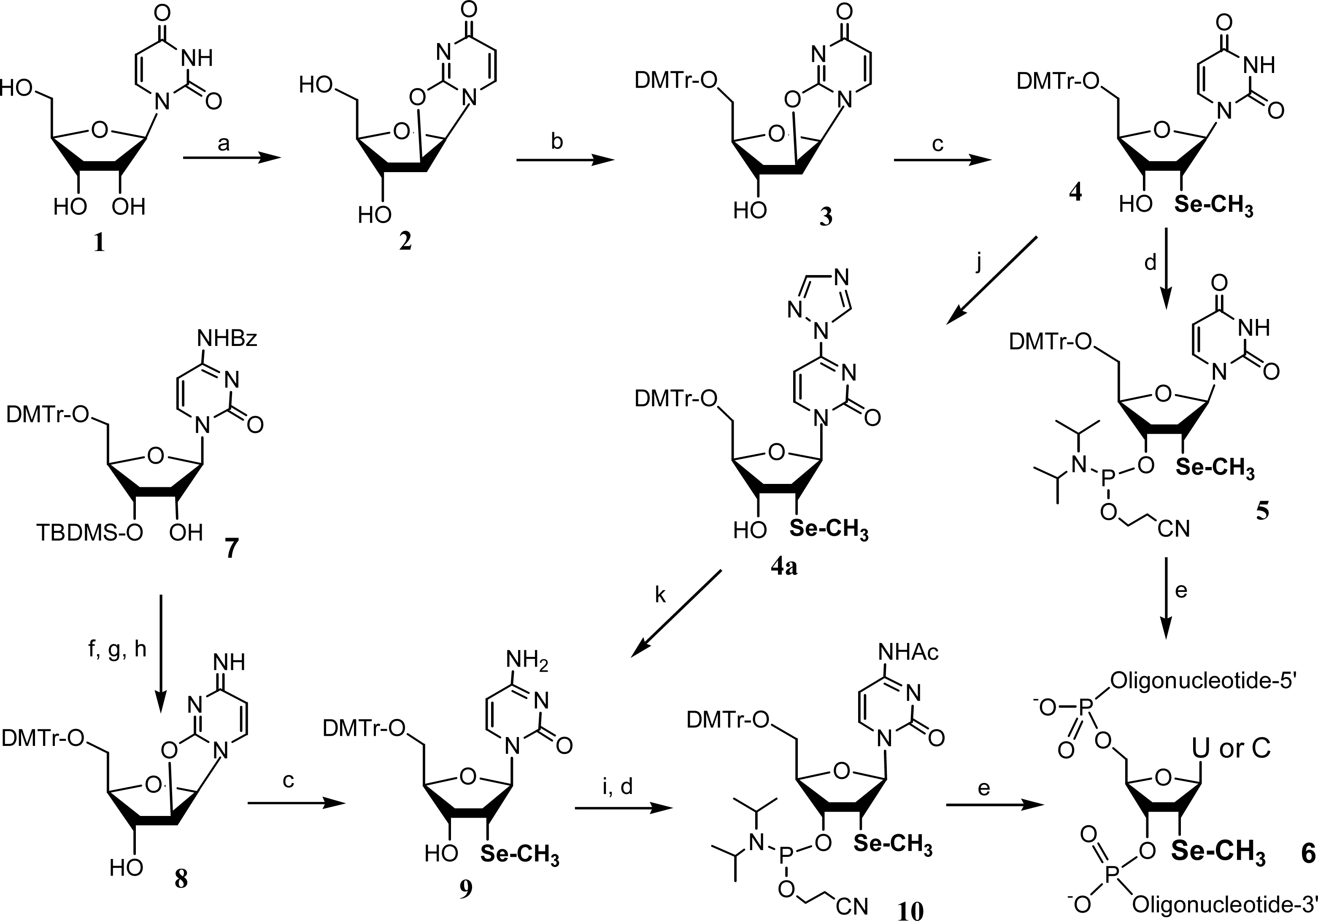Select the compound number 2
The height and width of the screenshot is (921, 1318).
coord(405,242)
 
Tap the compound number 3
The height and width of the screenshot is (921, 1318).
coord(826,218)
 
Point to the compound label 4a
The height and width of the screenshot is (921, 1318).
coord(784,568)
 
